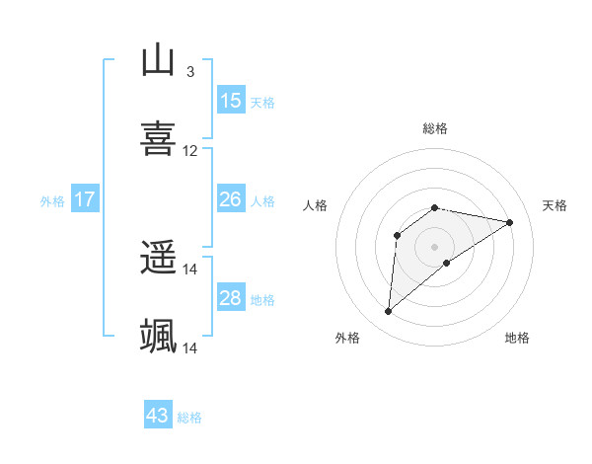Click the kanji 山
159,60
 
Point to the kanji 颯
159,337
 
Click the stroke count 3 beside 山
189,71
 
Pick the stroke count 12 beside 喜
190,151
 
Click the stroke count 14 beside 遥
190,269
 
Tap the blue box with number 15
231,100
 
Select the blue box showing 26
231,199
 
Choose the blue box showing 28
231,298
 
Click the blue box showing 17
85,199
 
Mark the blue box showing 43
158,416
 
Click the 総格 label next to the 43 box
189,418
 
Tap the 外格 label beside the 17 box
52,201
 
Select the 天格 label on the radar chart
555,205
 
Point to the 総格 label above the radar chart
435,128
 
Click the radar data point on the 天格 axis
509,222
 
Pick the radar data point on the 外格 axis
388,312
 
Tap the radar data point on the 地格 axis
447,263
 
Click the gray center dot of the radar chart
435,246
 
